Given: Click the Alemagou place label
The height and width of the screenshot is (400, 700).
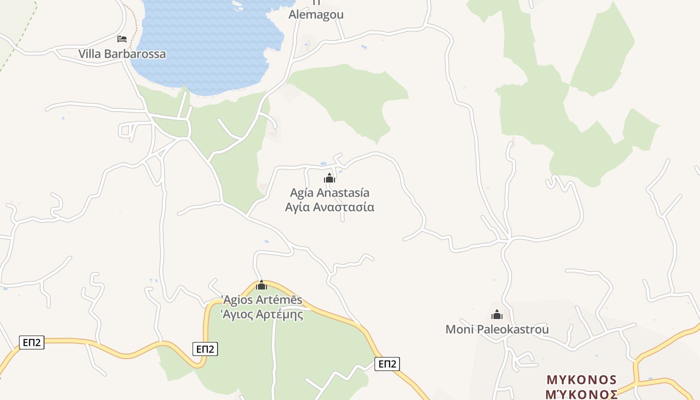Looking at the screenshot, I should [x=316, y=14].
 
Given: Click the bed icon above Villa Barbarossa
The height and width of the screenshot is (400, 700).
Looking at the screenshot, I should [x=122, y=39].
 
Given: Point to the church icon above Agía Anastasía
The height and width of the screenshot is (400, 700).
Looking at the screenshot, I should [x=329, y=178].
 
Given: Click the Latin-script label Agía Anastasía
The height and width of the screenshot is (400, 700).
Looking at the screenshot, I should [x=329, y=193].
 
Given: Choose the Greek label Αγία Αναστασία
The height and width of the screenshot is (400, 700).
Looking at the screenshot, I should [x=329, y=207].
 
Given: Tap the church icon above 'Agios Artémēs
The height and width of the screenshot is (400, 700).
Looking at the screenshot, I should [x=261, y=285].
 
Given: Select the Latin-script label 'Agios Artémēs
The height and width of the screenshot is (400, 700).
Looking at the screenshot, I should [x=261, y=300].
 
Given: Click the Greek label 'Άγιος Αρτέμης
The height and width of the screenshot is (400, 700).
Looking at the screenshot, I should [x=261, y=314].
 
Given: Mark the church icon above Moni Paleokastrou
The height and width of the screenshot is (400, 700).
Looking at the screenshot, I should [x=496, y=314].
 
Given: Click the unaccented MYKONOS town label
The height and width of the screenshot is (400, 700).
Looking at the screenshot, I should [x=581, y=379].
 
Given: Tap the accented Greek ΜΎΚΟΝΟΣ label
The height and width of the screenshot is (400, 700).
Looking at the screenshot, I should [x=581, y=394].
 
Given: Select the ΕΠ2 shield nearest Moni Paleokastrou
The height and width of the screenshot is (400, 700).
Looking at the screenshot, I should [x=387, y=364].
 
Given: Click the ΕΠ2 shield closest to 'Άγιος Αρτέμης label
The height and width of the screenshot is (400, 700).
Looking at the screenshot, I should [x=205, y=349].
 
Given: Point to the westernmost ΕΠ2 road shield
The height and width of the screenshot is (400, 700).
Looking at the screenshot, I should [x=31, y=342].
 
